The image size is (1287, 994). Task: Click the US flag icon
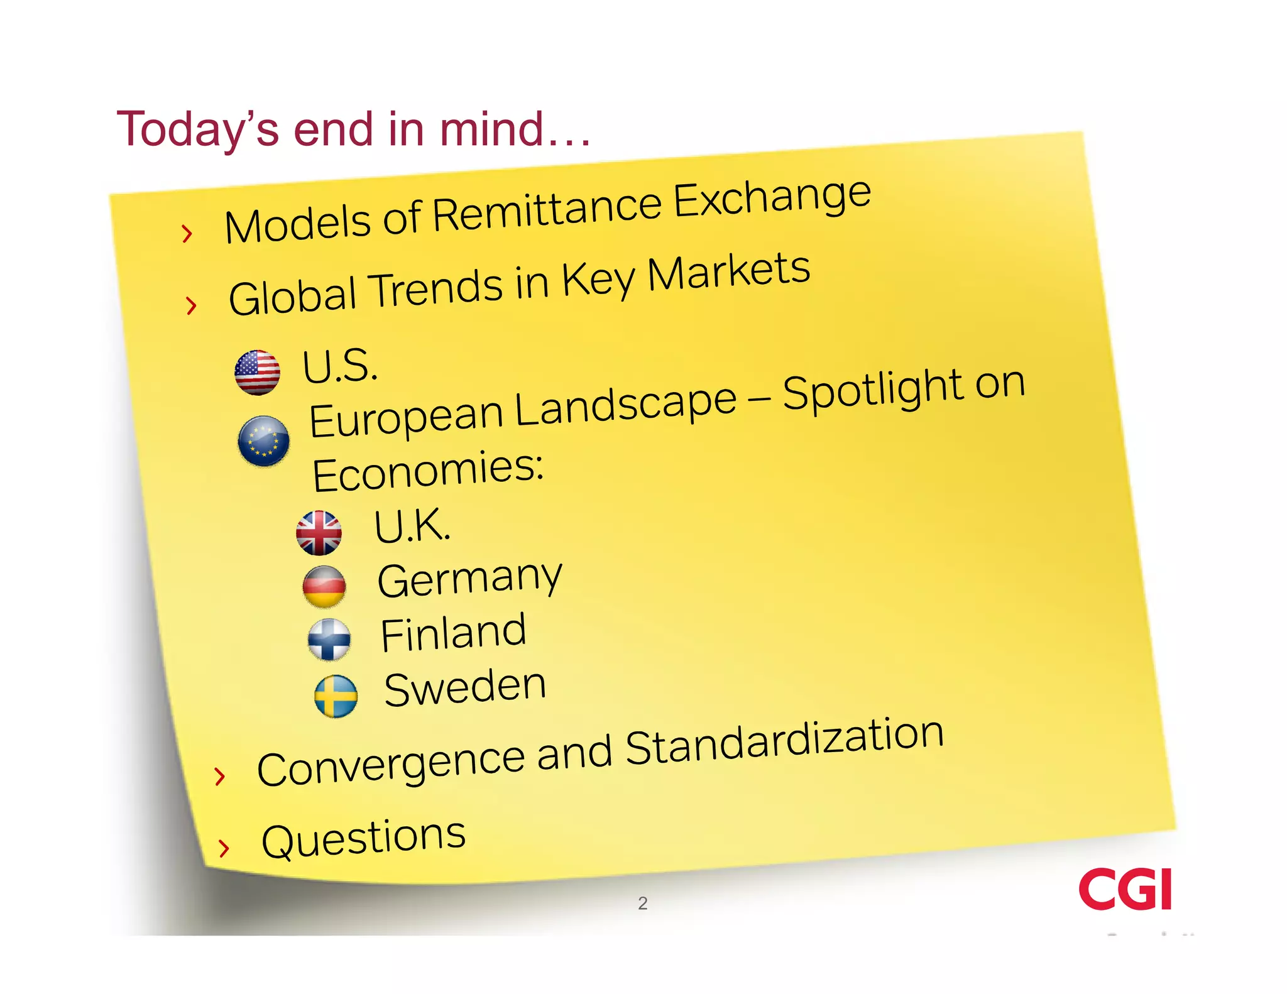pyautogui.click(x=257, y=373)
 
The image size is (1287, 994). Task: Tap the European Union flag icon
pyautogui.click(x=264, y=440)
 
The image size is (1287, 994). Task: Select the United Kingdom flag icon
pyautogui.click(x=319, y=533)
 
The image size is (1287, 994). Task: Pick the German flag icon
pyautogui.click(x=324, y=586)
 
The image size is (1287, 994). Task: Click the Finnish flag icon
pyautogui.click(x=329, y=640)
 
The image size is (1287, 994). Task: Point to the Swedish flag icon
pyautogui.click(x=336, y=696)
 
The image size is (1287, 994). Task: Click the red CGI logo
pyautogui.click(x=1125, y=889)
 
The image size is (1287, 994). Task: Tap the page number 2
pyautogui.click(x=642, y=904)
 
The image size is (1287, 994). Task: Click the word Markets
pyautogui.click(x=729, y=272)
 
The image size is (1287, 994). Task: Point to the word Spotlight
pyautogui.click(x=874, y=390)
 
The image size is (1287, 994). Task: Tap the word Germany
pyautogui.click(x=469, y=579)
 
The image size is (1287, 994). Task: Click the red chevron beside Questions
pyautogui.click(x=223, y=848)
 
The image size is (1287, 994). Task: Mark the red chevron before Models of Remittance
pyautogui.click(x=186, y=234)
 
